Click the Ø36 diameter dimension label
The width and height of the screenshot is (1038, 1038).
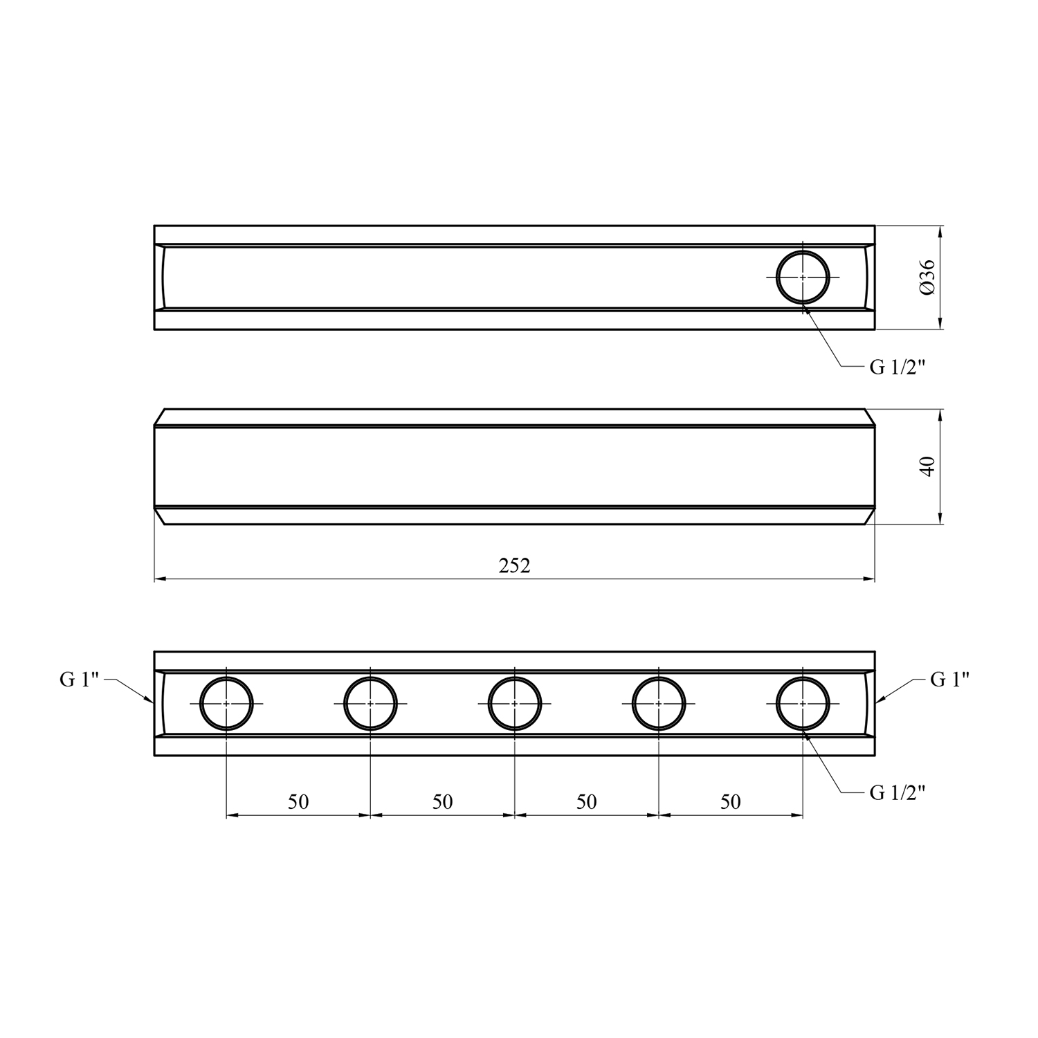tap(928, 277)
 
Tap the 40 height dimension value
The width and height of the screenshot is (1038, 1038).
tap(928, 466)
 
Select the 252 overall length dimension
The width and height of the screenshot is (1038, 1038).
tap(514, 565)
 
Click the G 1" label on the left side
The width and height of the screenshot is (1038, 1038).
tap(80, 680)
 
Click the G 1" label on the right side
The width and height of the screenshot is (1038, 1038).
tap(949, 680)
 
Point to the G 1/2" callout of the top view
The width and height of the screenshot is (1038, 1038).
tap(898, 367)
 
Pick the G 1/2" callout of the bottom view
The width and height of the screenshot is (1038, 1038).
tap(898, 793)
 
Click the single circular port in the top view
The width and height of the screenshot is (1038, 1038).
tap(803, 251)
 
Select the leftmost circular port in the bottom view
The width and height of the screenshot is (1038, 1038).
tap(226, 677)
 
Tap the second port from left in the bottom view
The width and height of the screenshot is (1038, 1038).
tap(370, 677)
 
